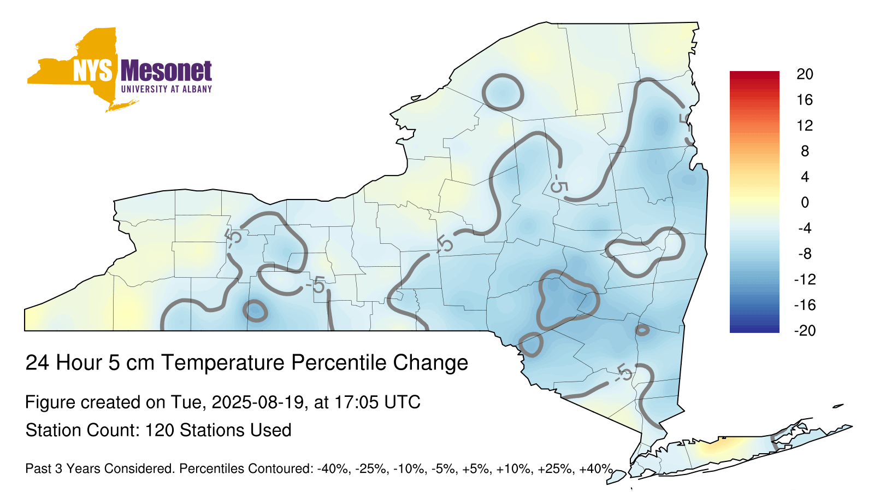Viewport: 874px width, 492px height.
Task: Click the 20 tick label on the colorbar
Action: (805, 74)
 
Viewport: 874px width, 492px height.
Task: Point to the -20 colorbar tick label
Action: (805, 331)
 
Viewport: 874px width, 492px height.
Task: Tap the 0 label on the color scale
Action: (805, 202)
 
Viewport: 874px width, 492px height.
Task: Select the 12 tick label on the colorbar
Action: (805, 126)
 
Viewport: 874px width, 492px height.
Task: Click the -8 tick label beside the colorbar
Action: (805, 254)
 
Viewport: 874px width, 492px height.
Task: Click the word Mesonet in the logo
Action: (166, 71)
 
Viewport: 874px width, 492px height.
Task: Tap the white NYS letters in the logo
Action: (92, 71)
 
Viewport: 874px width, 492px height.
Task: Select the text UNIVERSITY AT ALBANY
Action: (167, 89)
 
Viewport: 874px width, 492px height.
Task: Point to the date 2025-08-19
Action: (257, 402)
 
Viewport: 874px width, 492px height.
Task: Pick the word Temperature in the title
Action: (222, 363)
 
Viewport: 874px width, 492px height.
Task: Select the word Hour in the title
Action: (78, 362)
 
